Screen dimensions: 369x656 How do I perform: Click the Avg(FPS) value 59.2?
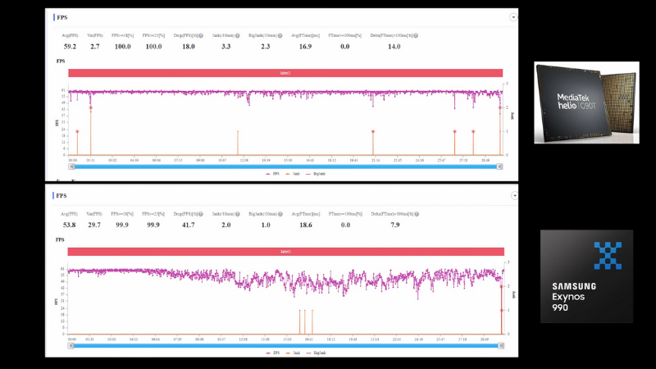[70, 47]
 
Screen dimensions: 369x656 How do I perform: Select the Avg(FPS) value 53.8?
[70, 224]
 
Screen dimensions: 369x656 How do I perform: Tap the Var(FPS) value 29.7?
[95, 224]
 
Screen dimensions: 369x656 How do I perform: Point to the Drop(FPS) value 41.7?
[188, 224]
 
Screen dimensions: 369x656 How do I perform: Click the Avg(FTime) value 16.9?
[305, 47]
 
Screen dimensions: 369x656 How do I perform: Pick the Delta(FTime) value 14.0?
[394, 47]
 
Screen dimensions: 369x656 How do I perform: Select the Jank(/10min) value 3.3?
[225, 47]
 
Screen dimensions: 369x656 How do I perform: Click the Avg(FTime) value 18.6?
[305, 224]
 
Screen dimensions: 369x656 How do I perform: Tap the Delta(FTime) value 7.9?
[394, 224]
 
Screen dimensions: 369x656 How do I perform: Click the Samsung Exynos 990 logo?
[585, 276]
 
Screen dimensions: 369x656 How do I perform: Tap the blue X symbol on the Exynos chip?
[608, 255]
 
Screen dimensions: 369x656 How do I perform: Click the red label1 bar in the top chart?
[285, 73]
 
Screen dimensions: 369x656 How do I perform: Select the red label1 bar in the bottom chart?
[285, 252]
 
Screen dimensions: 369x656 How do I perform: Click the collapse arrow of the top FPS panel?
[513, 16]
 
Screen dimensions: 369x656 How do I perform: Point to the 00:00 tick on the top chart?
[72, 160]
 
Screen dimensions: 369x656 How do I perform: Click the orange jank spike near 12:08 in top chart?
[238, 143]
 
